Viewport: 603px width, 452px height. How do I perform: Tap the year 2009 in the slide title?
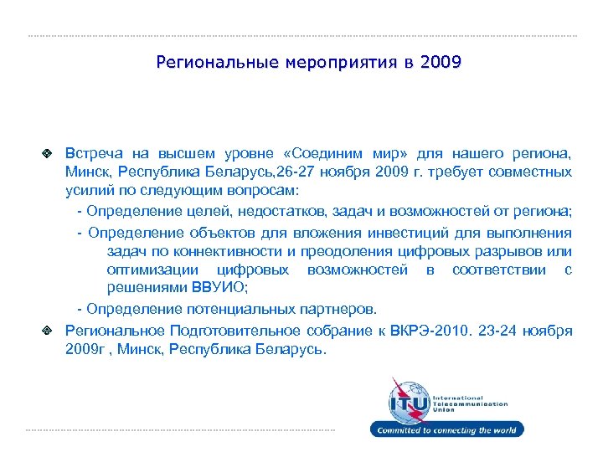(441, 63)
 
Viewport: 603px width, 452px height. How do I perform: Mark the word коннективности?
(214, 251)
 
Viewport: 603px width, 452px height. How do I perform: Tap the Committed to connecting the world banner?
(447, 430)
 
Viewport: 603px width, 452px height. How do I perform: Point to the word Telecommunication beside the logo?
(470, 403)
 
